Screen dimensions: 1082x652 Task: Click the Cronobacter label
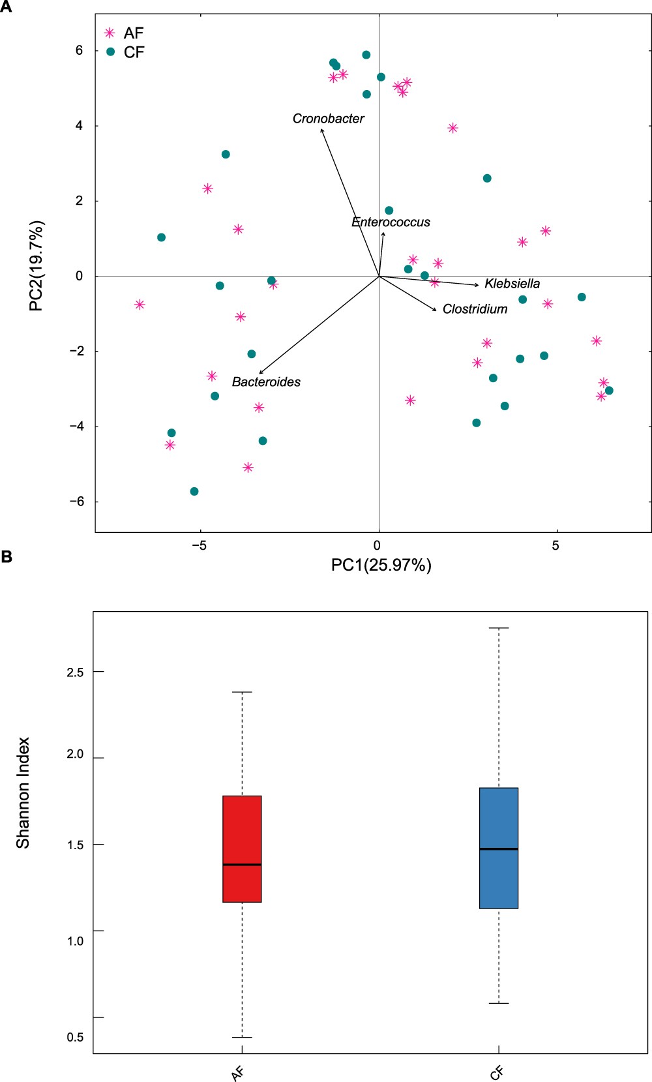328,119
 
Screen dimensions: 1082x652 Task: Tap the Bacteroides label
266,382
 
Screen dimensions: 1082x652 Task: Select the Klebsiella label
512,284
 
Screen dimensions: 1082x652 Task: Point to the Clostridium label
475,309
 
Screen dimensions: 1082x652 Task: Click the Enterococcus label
391,222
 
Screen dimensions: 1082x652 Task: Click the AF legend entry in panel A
133,33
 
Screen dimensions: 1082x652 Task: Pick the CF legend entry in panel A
134,52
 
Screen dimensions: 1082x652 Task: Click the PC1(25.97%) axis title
381,565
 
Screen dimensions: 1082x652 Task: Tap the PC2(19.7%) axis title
37,265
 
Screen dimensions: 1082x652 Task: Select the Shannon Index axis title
23,792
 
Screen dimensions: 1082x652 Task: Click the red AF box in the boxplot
242,849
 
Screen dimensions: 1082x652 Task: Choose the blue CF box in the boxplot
499,848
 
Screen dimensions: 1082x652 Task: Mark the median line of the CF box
499,849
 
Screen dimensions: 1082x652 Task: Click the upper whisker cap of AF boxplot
242,692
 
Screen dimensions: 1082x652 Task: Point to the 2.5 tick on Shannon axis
76,672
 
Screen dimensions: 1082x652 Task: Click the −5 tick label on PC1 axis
200,546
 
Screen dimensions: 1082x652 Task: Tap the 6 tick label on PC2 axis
80,51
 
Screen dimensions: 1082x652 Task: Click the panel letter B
7,557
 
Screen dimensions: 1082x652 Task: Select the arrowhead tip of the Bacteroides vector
259,374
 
